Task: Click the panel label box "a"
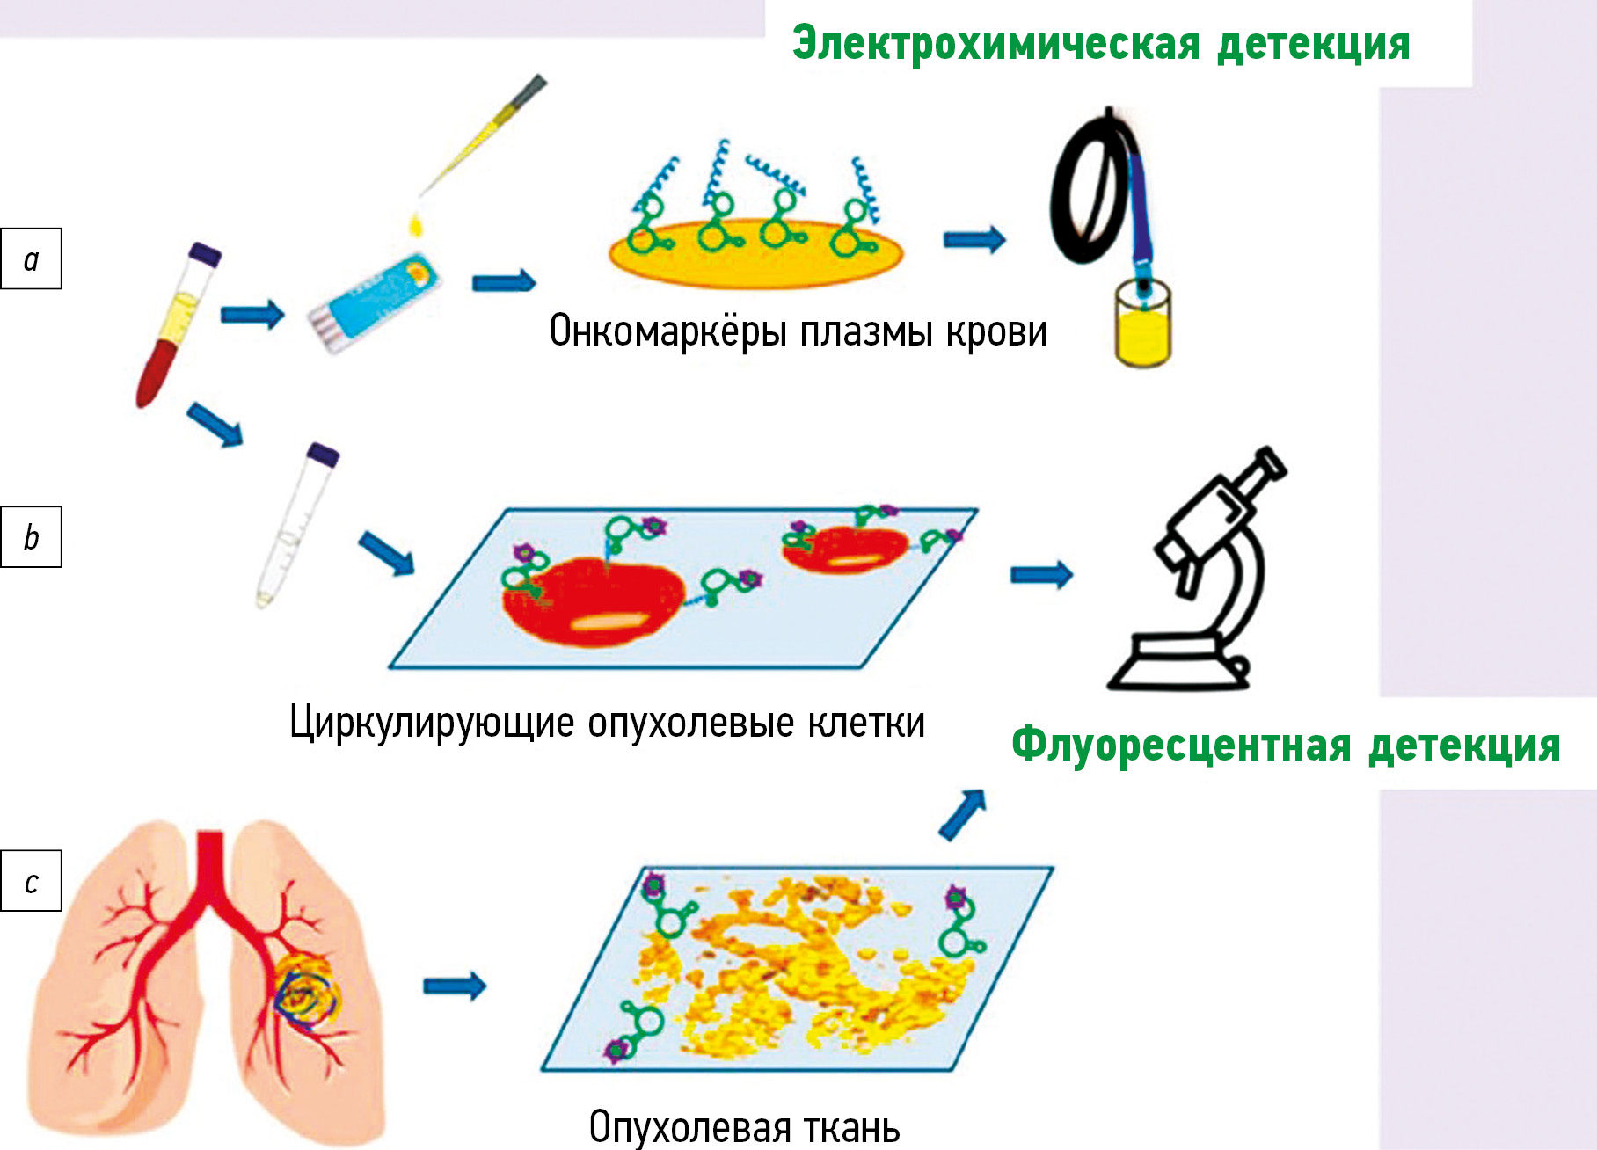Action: point(32,258)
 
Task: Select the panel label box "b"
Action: point(32,536)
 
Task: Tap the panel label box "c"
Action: point(32,880)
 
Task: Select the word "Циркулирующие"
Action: point(432,724)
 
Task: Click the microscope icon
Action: point(1205,571)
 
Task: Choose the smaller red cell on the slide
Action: point(844,549)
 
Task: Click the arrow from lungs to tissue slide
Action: point(454,986)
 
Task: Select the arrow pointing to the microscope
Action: point(1041,574)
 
